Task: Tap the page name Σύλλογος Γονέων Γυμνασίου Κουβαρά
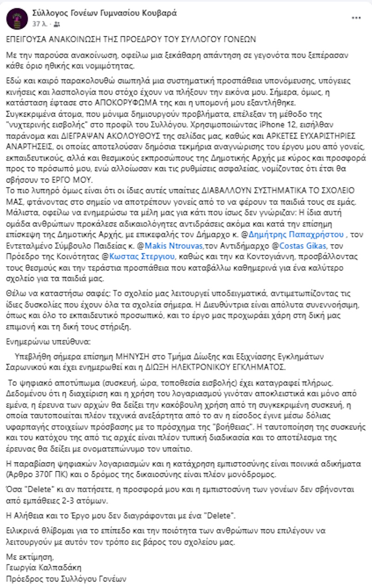tap(105, 13)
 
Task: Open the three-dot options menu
tap(356, 18)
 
